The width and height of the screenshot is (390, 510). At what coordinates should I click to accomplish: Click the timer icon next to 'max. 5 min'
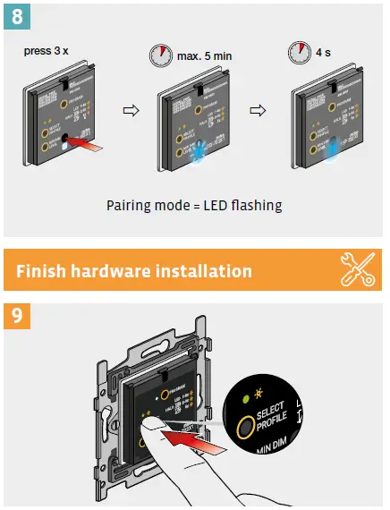click(x=159, y=55)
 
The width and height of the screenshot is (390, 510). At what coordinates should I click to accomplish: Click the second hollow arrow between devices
click(x=258, y=113)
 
